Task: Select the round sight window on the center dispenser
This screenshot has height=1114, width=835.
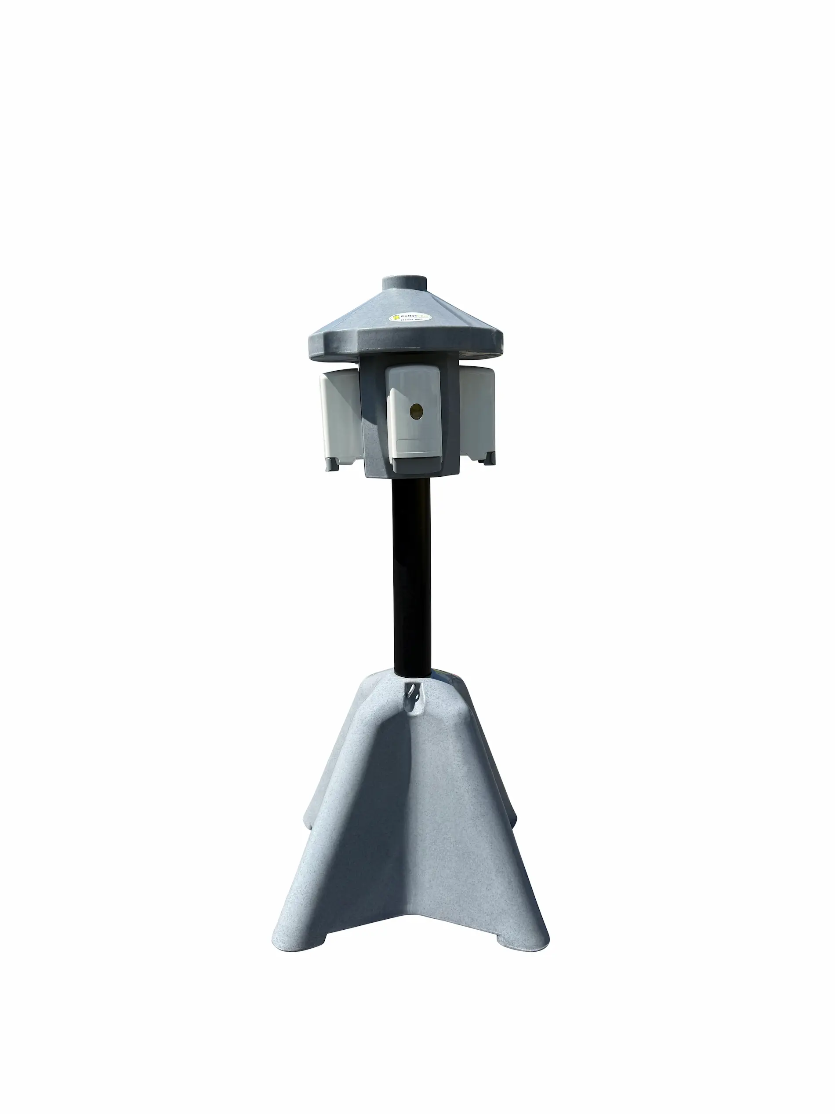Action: point(416,412)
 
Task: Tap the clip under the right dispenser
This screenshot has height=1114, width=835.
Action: point(488,459)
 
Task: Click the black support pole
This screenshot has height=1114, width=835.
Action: point(413,574)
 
